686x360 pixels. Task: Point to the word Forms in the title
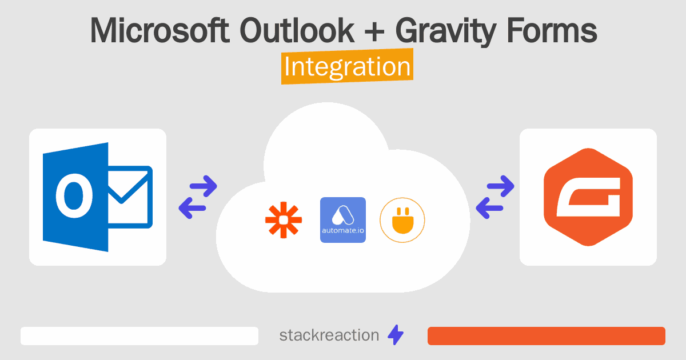point(555,31)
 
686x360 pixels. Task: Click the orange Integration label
point(347,67)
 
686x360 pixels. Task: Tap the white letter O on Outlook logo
point(74,196)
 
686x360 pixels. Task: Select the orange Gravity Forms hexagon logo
point(588,197)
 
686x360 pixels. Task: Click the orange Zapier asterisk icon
point(283,219)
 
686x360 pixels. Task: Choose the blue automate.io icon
point(342,219)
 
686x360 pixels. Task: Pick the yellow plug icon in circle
point(402,219)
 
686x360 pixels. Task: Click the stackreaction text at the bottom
point(329,335)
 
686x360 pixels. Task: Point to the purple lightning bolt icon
point(396,335)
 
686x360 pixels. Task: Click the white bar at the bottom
point(139,336)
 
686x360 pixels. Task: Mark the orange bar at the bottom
point(546,336)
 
